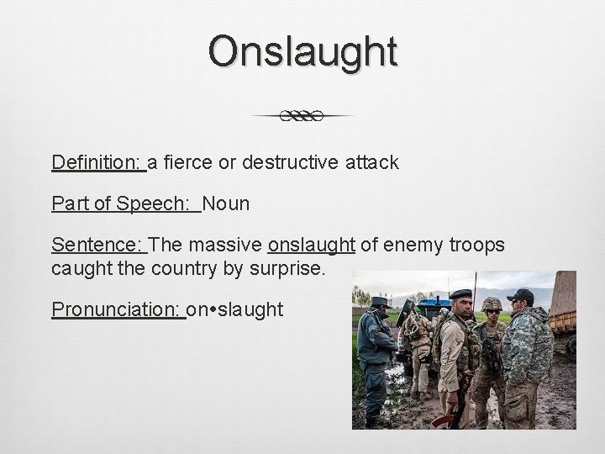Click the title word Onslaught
pos(302,52)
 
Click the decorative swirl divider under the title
pos(302,116)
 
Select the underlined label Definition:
pos(98,162)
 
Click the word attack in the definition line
pos(370,162)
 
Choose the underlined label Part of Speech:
pos(125,203)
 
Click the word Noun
pos(226,203)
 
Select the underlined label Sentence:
pos(98,245)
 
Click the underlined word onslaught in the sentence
pos(312,245)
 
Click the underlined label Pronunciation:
pos(118,310)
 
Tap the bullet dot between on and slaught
pos(215,310)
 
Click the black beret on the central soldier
pos(460,293)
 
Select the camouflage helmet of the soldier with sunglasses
pos(492,303)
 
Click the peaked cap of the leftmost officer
pos(380,301)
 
